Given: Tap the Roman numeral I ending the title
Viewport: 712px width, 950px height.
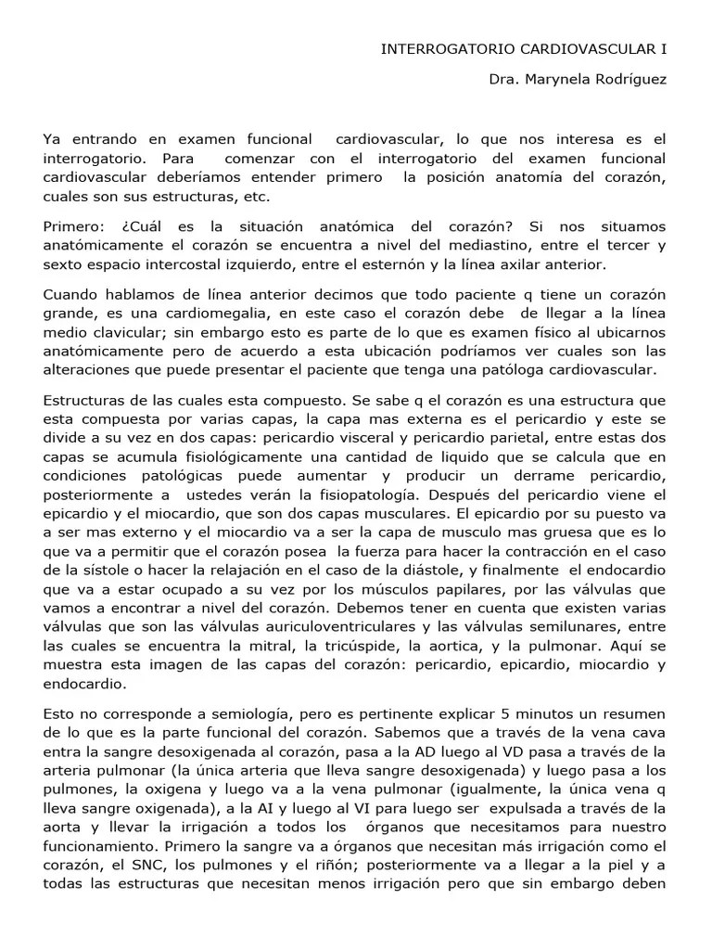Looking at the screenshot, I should (x=664, y=48).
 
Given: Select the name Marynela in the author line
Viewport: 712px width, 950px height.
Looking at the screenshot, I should (x=563, y=79).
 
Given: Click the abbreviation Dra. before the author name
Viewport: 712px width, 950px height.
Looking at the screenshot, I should (x=504, y=79).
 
